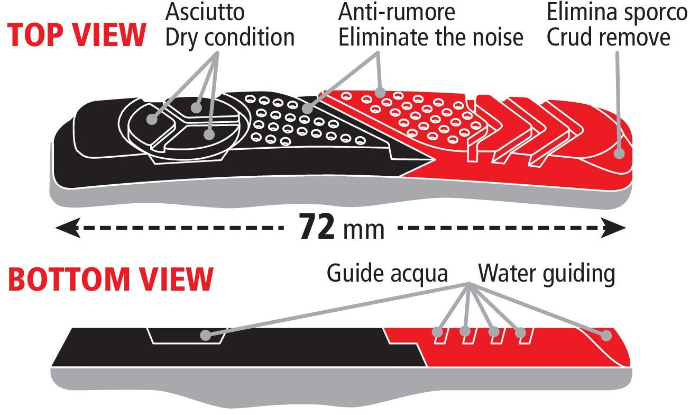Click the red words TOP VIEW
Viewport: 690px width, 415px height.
(x=76, y=35)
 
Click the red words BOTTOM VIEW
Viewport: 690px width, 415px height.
(x=111, y=279)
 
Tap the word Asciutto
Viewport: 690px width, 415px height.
(x=205, y=12)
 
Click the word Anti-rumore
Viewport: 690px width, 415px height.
(x=397, y=12)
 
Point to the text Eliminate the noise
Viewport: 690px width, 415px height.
(x=430, y=37)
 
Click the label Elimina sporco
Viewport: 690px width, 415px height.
(x=617, y=13)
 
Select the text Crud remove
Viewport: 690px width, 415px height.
(x=609, y=37)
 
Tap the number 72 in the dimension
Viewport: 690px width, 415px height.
(x=317, y=227)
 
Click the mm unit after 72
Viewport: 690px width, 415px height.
(x=364, y=230)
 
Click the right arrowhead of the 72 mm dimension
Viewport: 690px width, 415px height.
(x=613, y=228)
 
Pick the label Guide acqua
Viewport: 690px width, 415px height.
(x=387, y=274)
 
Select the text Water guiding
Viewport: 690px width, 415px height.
(x=547, y=274)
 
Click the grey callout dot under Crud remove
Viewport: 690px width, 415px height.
(x=619, y=153)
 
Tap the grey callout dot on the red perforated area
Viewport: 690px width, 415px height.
(x=381, y=92)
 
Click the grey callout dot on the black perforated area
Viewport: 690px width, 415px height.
(x=307, y=108)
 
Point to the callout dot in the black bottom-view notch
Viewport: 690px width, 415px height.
(x=206, y=335)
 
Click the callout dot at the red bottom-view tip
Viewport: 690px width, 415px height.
(x=606, y=336)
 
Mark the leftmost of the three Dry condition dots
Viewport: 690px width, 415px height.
(x=152, y=119)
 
